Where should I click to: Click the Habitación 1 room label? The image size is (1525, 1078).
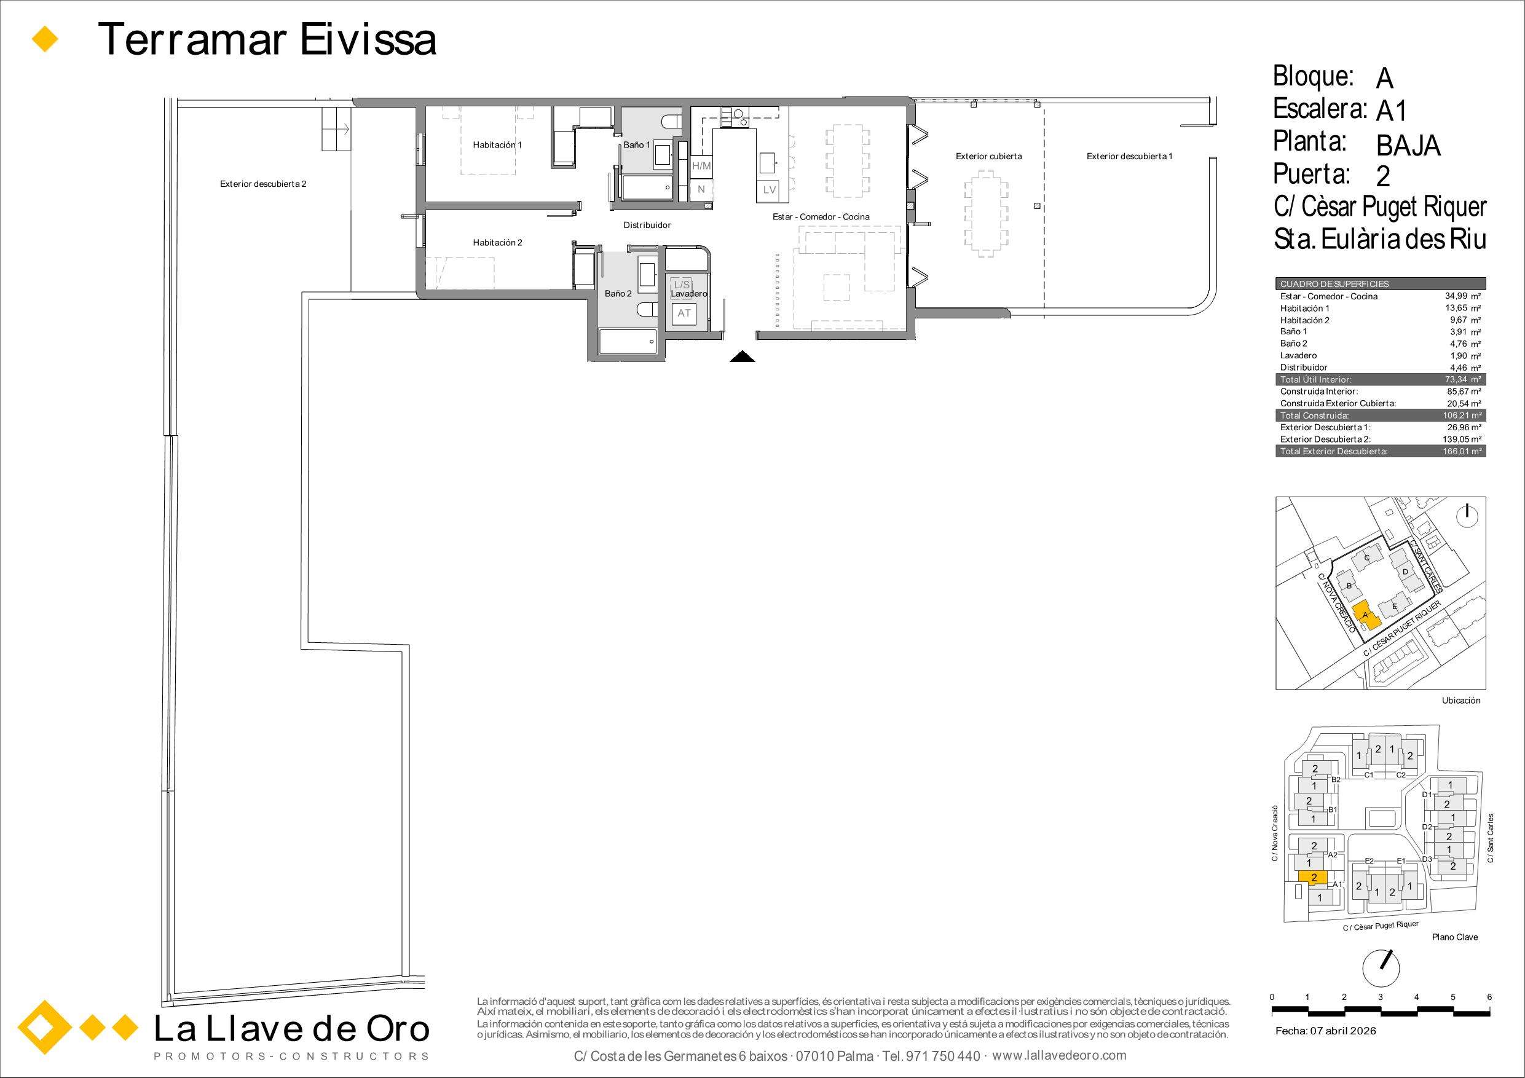497,145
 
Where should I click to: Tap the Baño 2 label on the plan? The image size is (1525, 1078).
618,294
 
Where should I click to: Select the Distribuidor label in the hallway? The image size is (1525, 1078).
647,225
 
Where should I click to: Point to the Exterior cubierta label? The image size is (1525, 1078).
988,157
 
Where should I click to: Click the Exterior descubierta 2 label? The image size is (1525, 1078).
263,184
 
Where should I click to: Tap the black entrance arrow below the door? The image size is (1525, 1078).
743,356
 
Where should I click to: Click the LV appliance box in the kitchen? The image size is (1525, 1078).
769,190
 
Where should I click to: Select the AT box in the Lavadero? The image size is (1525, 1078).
684,313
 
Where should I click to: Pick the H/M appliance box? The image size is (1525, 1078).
701,166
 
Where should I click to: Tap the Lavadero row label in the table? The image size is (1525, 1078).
1299,355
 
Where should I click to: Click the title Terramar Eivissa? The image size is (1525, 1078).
267,39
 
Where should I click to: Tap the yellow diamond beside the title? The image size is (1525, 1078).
45,39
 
